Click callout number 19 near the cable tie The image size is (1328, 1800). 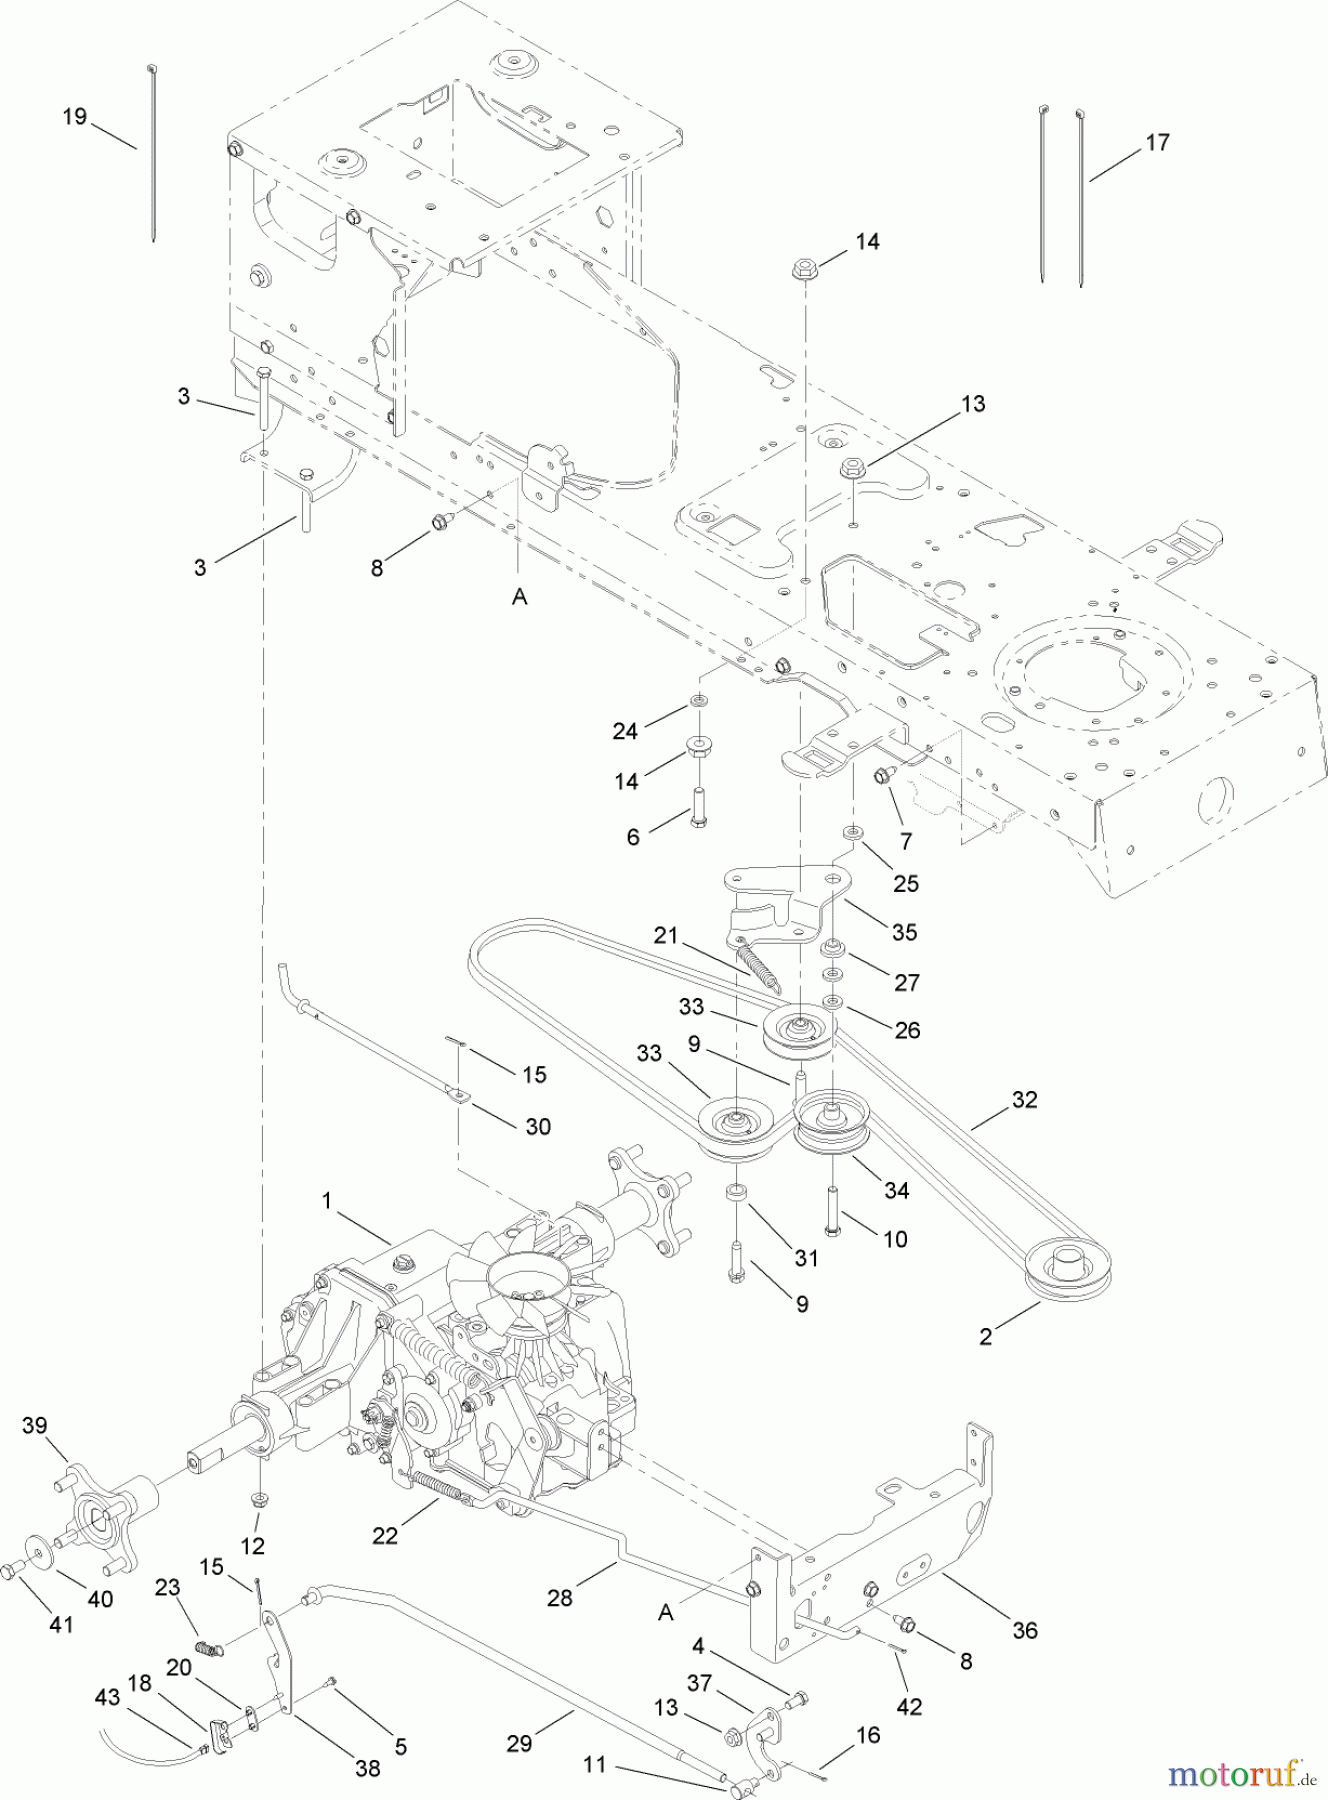pos(74,117)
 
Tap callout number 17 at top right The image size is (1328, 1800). pos(1157,143)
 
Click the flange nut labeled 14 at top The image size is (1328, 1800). pos(805,269)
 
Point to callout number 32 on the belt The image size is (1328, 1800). pos(1024,1100)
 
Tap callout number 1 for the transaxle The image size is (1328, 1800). pos(326,1200)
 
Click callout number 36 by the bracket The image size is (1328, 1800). pos(1025,1630)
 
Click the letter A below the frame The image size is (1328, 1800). pos(519,597)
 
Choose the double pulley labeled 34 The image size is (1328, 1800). pos(832,1125)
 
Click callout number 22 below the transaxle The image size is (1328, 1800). pos(385,1535)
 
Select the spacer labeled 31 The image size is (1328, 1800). pos(737,1194)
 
